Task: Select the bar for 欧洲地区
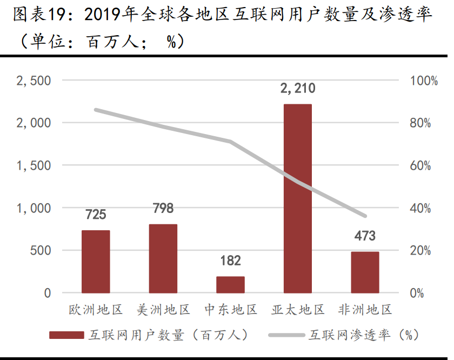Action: (96, 262)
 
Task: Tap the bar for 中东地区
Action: (230, 284)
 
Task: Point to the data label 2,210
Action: (297, 88)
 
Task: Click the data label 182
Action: (230, 261)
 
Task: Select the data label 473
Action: (365, 236)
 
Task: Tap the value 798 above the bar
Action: (163, 209)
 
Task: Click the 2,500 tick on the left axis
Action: (34, 81)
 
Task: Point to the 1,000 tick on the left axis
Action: (34, 208)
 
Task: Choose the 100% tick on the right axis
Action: (424, 81)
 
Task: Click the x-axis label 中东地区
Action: (231, 310)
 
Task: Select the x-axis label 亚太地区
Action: (298, 310)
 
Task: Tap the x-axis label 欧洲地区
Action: (96, 310)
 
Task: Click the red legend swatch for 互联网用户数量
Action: (66, 335)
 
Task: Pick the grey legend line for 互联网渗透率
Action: (286, 335)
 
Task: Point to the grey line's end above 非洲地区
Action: (365, 216)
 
